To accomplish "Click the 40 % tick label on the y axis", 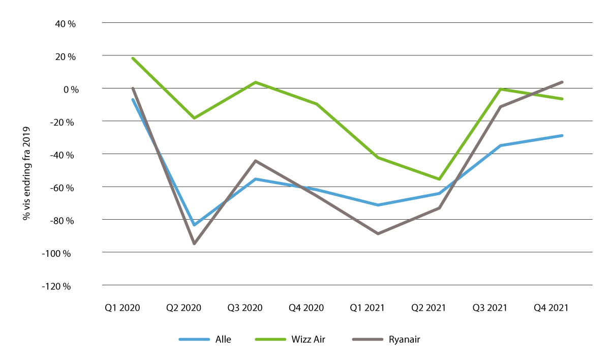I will tap(65, 23).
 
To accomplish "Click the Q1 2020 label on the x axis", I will tap(123, 308).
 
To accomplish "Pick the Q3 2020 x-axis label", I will tap(245, 308).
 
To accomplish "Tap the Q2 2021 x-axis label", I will tap(429, 308).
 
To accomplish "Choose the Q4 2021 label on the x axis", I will tap(551, 308).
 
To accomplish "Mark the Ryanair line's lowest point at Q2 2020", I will tap(194, 244).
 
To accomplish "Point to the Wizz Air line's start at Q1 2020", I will tap(133, 58).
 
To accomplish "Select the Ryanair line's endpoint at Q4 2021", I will tap(562, 82).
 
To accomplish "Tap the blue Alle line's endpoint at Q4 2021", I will tap(562, 135).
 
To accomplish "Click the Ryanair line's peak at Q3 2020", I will tap(255, 161).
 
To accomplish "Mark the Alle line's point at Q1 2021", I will tap(378, 205).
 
